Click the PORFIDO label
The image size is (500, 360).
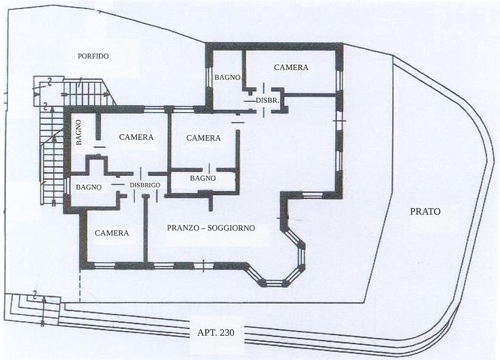point(93,56)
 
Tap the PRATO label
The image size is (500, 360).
point(425,212)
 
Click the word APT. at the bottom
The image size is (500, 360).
point(206,333)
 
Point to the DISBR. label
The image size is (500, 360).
point(267,100)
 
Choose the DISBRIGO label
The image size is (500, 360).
point(145,185)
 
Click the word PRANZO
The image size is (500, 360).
point(185,228)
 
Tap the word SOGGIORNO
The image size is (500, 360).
point(231,228)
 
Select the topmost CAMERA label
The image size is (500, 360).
point(291,67)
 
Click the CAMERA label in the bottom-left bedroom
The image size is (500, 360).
point(112,233)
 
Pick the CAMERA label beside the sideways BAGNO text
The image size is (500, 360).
point(136,137)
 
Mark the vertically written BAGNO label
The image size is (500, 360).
point(79,132)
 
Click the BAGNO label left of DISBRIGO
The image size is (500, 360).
point(88,187)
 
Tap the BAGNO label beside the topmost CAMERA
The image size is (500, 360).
point(227,77)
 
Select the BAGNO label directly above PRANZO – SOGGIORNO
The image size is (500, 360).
point(203,178)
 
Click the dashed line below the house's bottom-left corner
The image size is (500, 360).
point(80,286)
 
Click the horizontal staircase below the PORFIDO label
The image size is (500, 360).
point(89,93)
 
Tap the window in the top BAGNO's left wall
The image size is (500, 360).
point(209,78)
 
